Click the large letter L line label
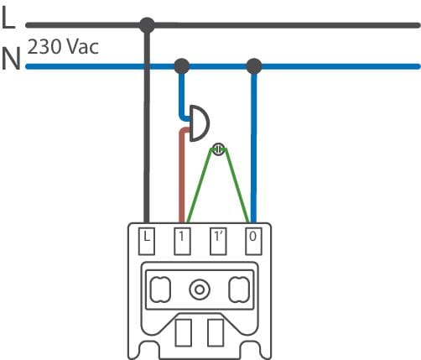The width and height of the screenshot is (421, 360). tap(8, 18)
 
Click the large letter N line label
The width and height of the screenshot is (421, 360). tap(11, 59)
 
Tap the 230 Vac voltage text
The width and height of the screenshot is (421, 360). tap(63, 47)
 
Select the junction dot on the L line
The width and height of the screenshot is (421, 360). tap(147, 25)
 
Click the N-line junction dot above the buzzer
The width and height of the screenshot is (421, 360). tap(182, 66)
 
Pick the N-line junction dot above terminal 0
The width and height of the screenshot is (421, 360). tap(254, 66)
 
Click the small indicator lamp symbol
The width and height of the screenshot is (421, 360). tap(218, 149)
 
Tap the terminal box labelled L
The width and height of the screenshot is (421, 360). tap(147, 242)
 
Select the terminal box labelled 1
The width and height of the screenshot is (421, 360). tap(182, 242)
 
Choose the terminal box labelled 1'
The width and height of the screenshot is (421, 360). tap(218, 242)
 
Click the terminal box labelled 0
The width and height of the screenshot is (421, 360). tap(253, 242)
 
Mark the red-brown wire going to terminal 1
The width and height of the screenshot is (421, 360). tap(182, 174)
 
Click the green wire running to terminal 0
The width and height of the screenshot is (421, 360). tap(236, 185)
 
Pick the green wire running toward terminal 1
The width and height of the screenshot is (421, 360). tap(200, 185)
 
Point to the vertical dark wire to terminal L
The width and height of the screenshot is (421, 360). tap(147, 124)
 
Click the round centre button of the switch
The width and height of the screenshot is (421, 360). tap(200, 290)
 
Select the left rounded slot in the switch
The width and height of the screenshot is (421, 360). tap(160, 290)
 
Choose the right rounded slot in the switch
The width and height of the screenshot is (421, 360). tap(239, 290)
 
